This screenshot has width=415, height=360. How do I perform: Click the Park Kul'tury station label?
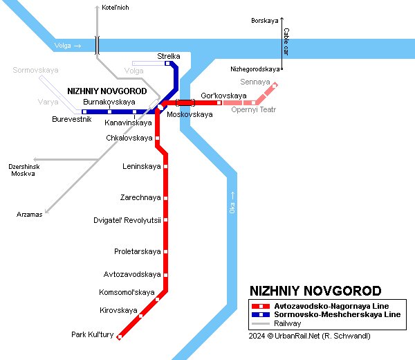tap(92, 335)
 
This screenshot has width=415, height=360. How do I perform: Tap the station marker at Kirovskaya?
tap(141, 316)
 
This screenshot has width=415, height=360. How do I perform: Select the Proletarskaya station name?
tap(137, 251)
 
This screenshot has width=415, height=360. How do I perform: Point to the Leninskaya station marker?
tap(165, 167)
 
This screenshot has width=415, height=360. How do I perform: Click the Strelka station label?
tap(169, 56)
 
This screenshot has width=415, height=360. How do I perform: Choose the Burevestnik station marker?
tap(84, 111)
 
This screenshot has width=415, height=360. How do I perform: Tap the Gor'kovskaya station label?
tap(223, 95)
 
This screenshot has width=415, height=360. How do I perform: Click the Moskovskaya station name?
tap(190, 114)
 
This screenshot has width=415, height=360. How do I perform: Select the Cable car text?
tap(286, 42)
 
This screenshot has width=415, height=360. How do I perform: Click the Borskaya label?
tap(264, 21)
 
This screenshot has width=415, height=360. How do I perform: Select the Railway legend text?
tap(287, 323)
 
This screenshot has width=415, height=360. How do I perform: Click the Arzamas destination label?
tap(30, 215)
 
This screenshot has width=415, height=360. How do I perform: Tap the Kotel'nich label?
tap(115, 8)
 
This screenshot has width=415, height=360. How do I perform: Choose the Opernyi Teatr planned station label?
tap(254, 109)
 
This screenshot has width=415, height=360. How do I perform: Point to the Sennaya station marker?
tap(275, 86)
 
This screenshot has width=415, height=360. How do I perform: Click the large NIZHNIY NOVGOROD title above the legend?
tap(315, 291)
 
